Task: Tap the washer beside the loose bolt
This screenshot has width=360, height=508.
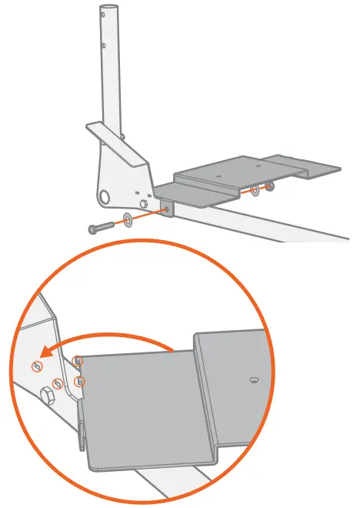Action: click(127, 222)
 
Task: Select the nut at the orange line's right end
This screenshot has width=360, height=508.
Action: click(270, 185)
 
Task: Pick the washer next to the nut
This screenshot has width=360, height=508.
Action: click(255, 189)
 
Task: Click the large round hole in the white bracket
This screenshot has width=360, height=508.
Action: click(103, 196)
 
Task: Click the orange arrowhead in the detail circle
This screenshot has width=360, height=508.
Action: click(47, 353)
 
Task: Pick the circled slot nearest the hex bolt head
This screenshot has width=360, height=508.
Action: click(56, 383)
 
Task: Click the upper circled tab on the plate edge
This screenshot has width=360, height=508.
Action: click(77, 360)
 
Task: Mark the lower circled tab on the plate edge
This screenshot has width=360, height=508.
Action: click(79, 381)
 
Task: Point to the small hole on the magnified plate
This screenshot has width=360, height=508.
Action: click(254, 379)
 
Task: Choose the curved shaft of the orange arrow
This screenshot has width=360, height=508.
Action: click(115, 336)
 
